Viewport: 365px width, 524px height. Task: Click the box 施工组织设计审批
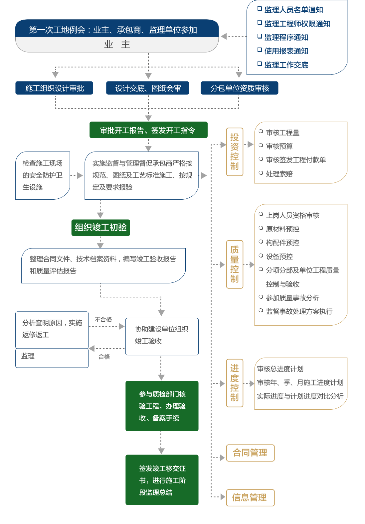coord(54,88)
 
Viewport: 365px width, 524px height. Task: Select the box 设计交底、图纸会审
coord(148,88)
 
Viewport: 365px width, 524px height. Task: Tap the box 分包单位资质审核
coord(240,88)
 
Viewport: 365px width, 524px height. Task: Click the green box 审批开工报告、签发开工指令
coord(148,130)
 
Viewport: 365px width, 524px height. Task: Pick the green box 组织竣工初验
coord(100,228)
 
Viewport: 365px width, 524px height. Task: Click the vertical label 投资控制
coord(235,152)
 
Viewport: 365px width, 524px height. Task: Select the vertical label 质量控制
coord(235,264)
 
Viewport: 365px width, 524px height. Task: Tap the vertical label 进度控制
coord(235,383)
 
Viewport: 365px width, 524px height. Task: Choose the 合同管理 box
coord(250,453)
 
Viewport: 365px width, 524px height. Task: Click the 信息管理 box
coord(250,497)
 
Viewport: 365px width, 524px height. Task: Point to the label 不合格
coord(103,319)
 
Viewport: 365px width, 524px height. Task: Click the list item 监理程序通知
coord(286,38)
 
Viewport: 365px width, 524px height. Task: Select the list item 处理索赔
coord(279,174)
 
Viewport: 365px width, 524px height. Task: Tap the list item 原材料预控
coord(282,229)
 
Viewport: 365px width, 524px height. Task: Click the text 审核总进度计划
coord(280,369)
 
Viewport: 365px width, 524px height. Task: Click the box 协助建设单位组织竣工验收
coord(162,336)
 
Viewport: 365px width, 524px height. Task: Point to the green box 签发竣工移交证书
coord(162,480)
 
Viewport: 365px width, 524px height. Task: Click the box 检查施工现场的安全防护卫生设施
coord(43,175)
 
